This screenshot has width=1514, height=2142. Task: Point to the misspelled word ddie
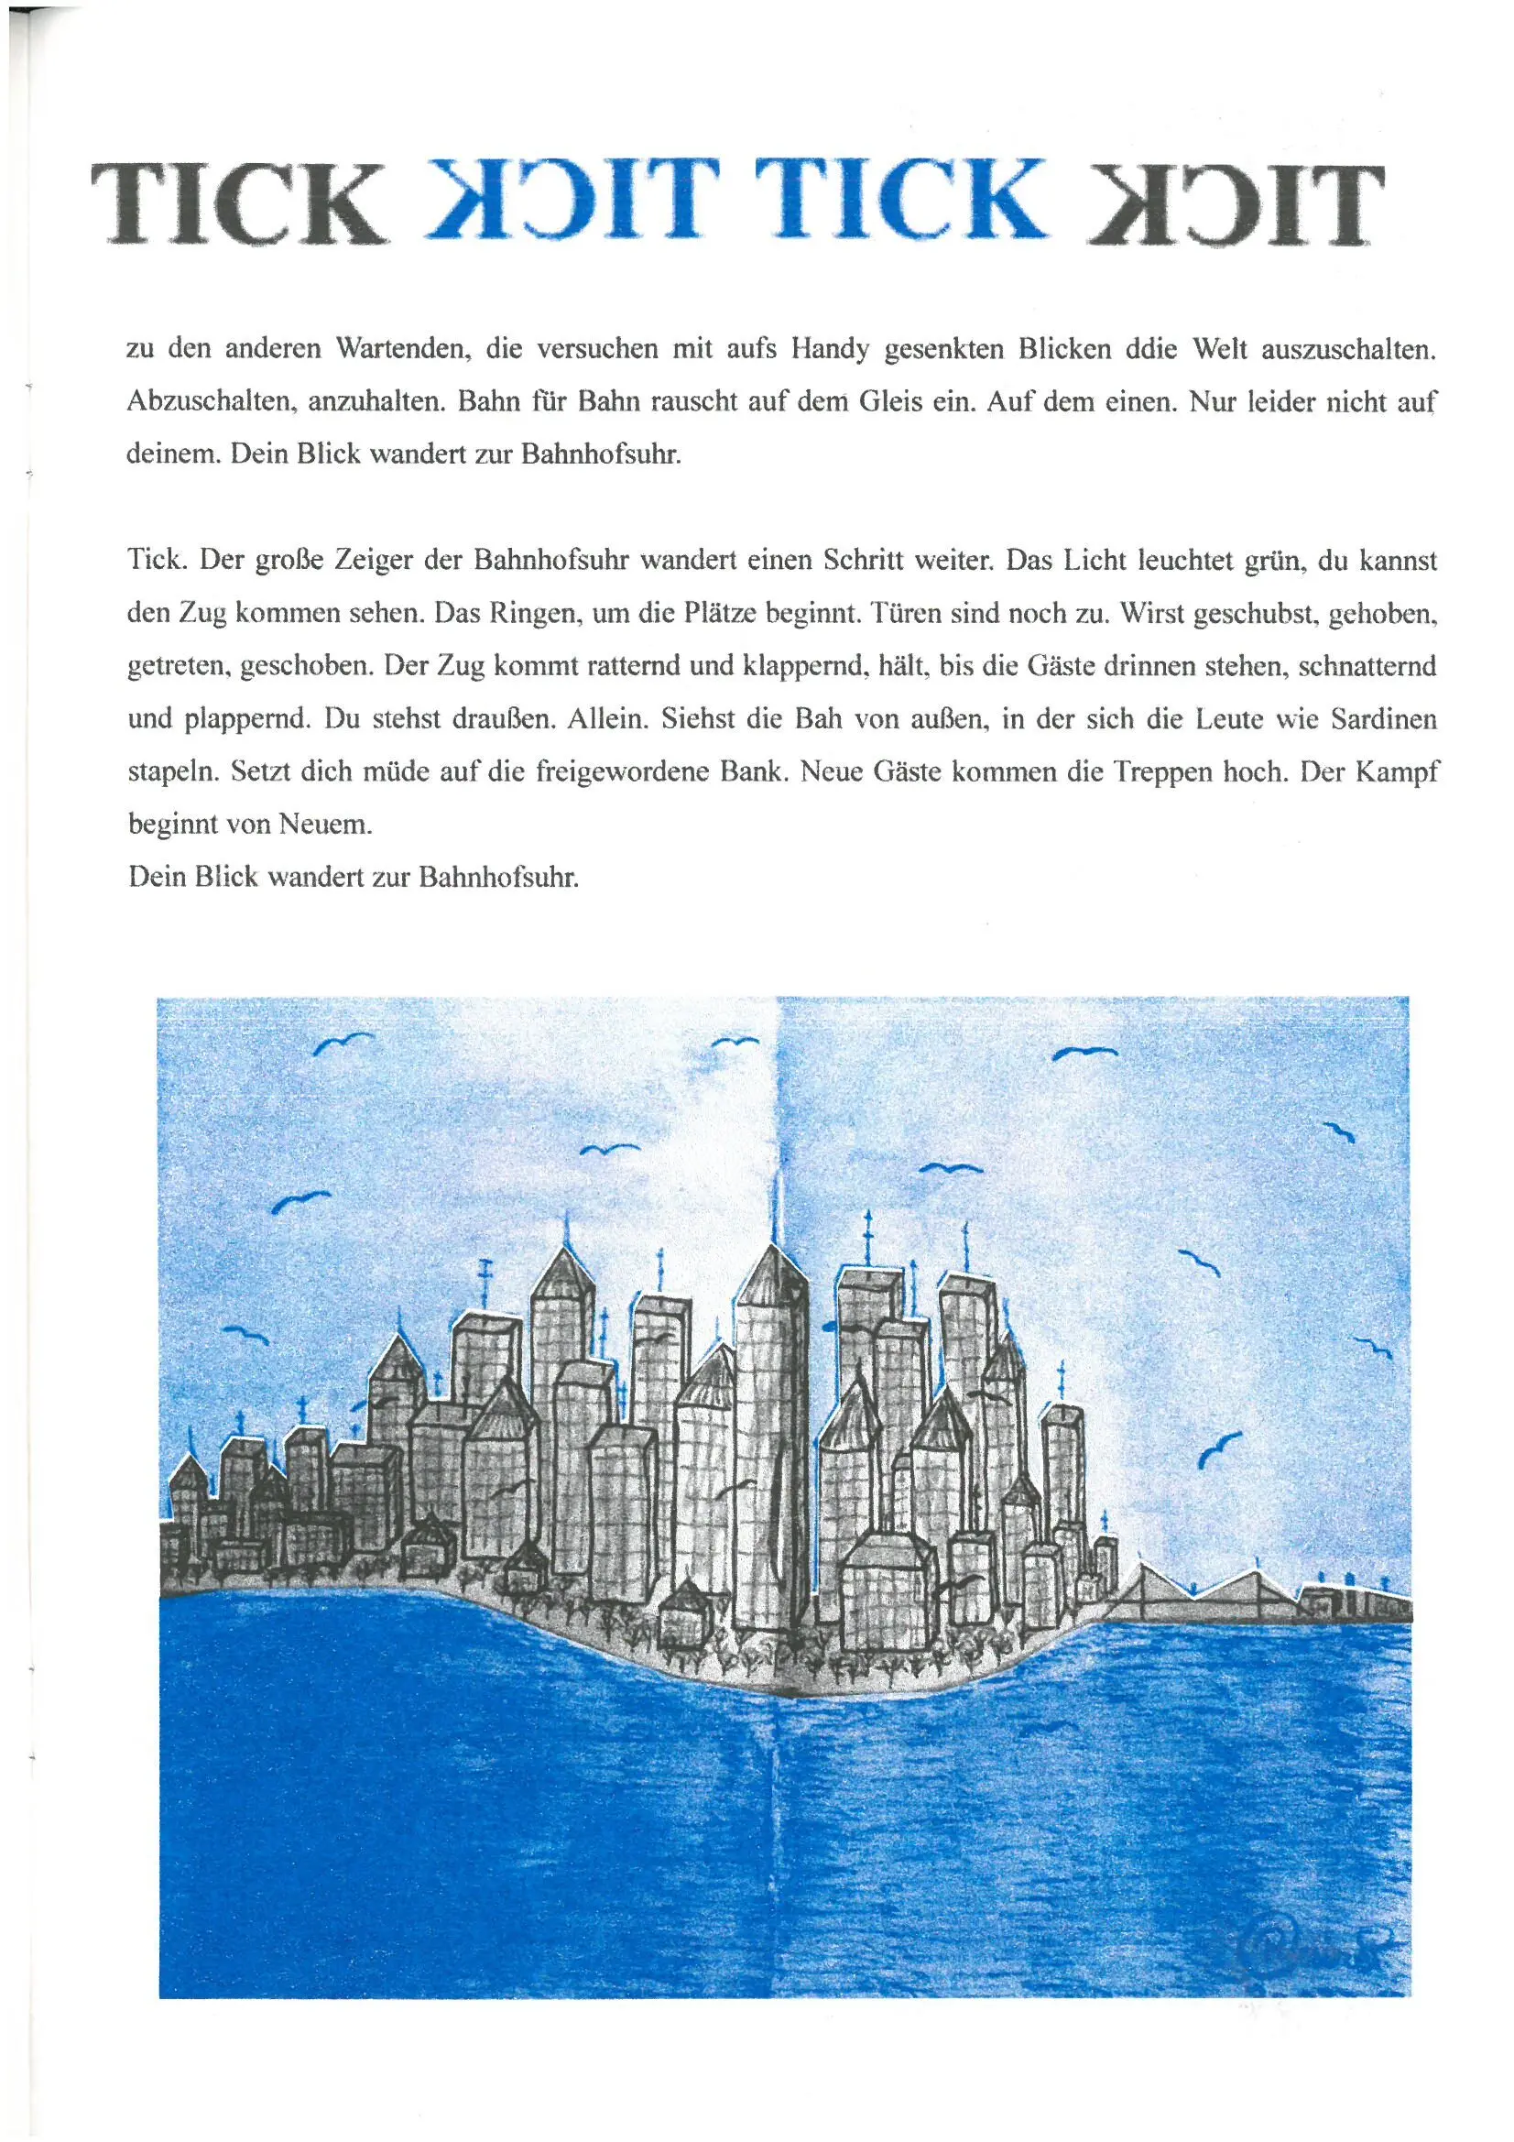click(1153, 350)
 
